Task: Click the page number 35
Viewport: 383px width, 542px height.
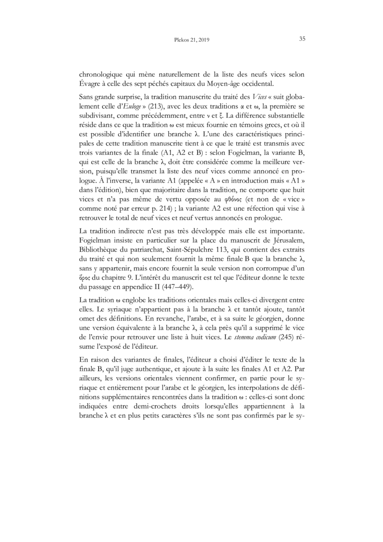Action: (x=302, y=39)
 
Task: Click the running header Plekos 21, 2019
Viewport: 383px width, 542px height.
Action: (x=191, y=40)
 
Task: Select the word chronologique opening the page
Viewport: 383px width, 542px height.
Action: (x=102, y=75)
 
